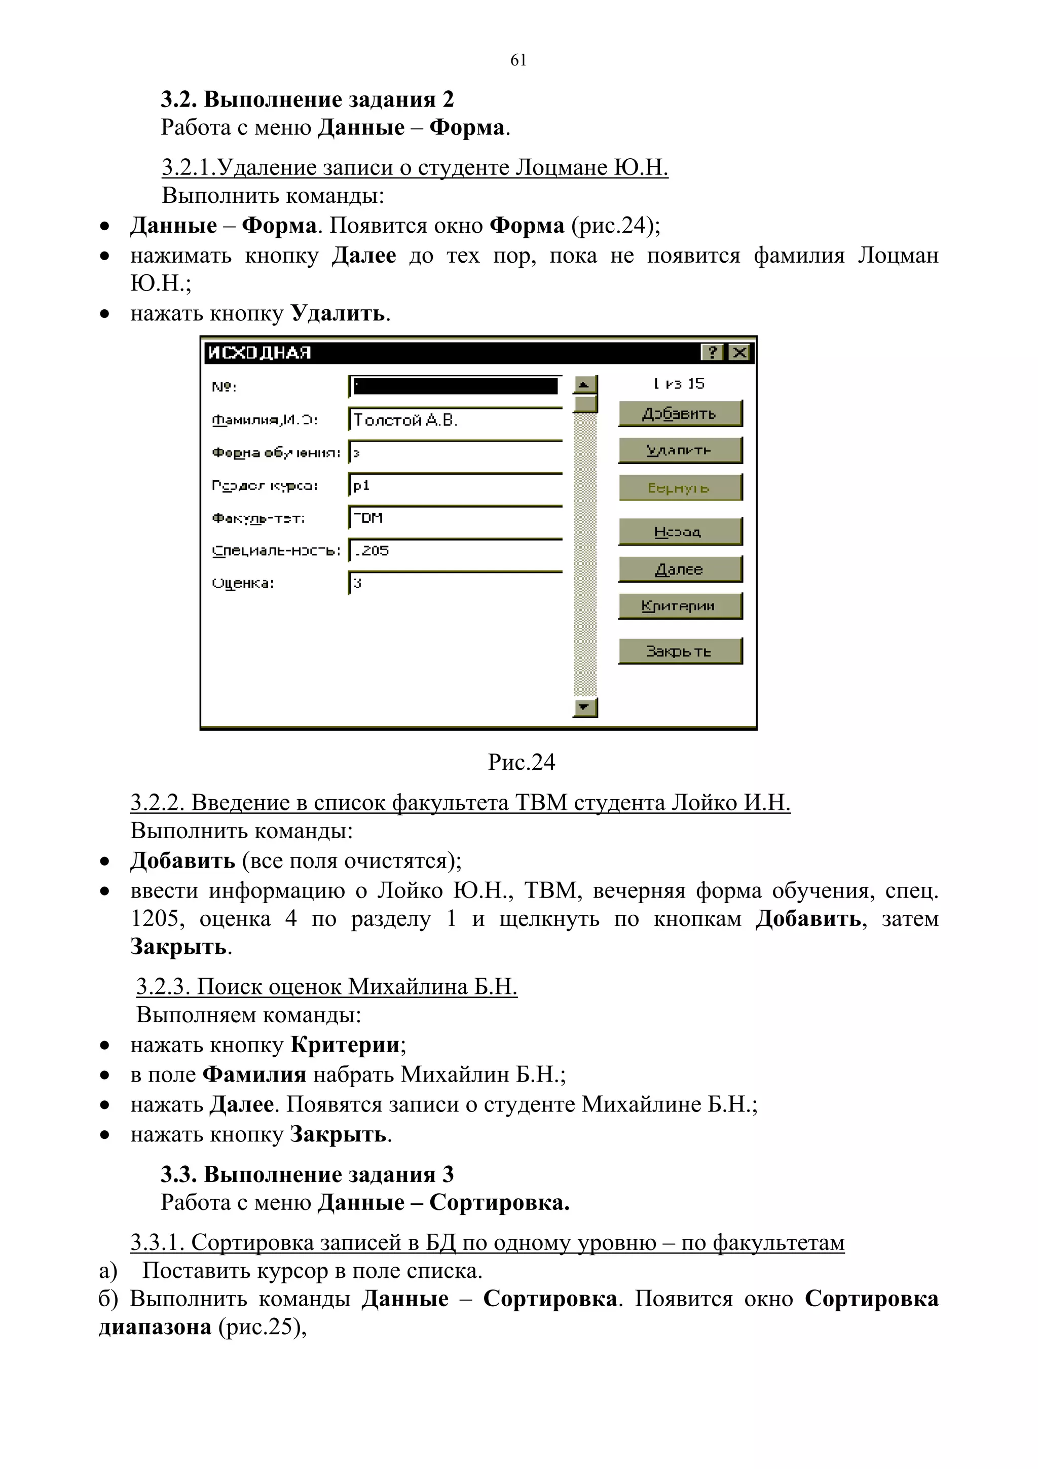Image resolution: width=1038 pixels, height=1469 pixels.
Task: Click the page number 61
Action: (518, 60)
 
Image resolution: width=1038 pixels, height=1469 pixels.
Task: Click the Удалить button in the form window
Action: (679, 450)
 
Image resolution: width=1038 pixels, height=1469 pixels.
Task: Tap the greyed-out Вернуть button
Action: (679, 487)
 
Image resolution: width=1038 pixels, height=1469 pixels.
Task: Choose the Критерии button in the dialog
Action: (679, 606)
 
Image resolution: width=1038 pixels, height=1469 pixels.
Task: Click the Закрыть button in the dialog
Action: (679, 651)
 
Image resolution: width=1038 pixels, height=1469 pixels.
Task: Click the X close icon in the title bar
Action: (740, 352)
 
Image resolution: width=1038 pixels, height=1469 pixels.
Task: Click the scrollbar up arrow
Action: (584, 384)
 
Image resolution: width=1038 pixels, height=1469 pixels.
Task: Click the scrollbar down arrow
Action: (584, 707)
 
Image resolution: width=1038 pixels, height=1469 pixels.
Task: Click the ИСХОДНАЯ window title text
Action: (259, 352)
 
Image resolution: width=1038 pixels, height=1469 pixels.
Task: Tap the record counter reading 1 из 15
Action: (679, 384)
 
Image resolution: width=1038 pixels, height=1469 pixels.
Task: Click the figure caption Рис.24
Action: (521, 762)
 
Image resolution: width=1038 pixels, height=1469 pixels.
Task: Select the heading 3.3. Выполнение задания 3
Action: (307, 1175)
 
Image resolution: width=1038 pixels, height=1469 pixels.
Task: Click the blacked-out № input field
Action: (455, 386)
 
